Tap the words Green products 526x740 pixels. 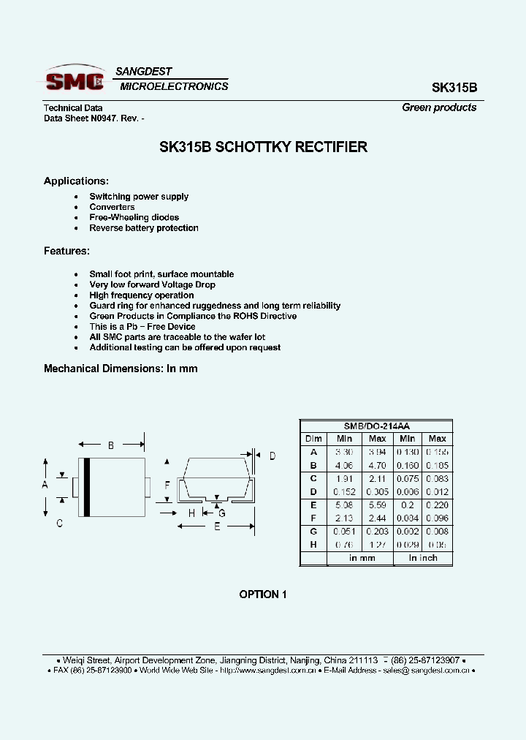pos(439,107)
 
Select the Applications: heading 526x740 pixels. pos(77,181)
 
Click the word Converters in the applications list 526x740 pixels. pos(112,207)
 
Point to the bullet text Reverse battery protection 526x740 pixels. pos(144,228)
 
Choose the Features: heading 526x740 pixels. pos(66,251)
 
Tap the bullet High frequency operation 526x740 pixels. pos(142,295)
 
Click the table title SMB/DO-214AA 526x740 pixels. pos(376,426)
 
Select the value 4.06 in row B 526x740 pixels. pos(344,465)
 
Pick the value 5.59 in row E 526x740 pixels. pos(377,505)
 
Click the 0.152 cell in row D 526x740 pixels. pos(344,491)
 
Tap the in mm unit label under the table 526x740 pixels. pos(361,558)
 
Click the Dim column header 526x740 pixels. pos(313,439)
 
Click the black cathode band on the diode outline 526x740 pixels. pos(86,487)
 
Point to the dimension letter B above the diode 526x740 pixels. pos(111,445)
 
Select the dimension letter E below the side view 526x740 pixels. pos(217,527)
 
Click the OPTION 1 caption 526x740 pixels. pos(263,594)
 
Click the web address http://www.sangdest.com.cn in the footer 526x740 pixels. pos(267,671)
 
